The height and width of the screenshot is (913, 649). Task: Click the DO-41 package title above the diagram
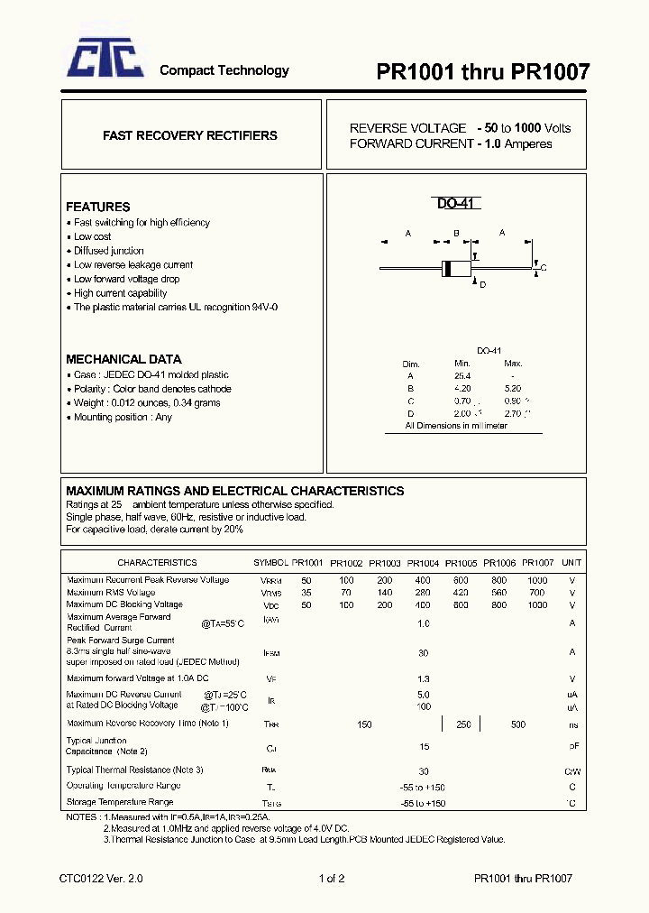458,204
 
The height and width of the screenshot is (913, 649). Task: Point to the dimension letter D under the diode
483,285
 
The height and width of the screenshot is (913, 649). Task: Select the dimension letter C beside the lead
544,269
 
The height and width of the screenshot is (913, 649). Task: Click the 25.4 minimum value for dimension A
462,375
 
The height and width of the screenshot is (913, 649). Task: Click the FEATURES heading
98,207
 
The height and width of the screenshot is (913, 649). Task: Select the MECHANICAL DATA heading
123,359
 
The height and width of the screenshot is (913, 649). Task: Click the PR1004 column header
423,562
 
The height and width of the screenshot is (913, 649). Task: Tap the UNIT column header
571,562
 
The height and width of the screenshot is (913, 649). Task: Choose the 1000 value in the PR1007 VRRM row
537,580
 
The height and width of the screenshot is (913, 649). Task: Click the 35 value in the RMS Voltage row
306,593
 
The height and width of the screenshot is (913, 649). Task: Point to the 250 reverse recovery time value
463,724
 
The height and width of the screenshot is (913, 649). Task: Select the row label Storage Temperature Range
120,801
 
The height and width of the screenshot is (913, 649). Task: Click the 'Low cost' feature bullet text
93,236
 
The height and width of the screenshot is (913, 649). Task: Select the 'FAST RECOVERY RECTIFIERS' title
190,135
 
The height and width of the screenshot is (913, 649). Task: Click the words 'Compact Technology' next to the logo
224,70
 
